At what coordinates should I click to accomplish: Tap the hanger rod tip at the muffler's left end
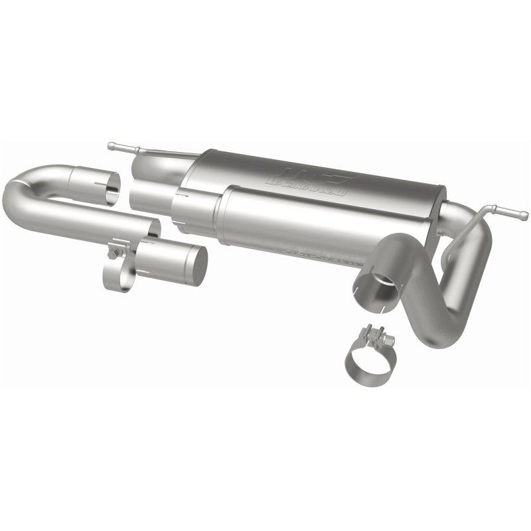click(x=111, y=143)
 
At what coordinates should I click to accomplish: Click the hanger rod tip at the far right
click(x=524, y=214)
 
